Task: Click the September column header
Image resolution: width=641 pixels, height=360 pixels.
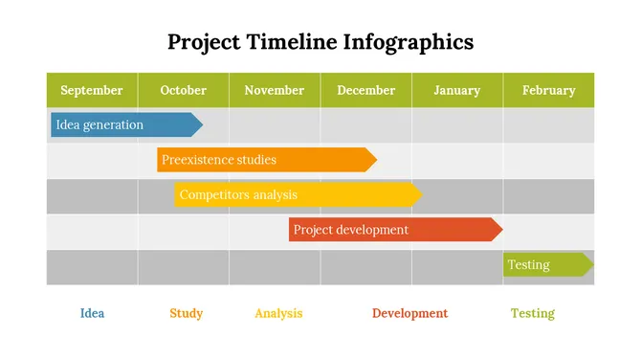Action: point(92,90)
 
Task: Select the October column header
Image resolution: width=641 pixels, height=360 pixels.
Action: point(183,90)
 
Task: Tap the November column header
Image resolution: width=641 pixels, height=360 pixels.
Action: point(274,90)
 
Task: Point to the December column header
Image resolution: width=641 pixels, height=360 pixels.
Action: point(365,90)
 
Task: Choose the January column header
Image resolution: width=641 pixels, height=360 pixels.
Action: point(456,90)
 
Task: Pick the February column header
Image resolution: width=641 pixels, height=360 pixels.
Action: point(548,90)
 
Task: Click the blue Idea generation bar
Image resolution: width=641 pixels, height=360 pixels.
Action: point(124,124)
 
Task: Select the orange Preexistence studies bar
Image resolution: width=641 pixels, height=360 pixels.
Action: point(263,160)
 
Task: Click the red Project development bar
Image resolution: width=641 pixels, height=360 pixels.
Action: point(392,230)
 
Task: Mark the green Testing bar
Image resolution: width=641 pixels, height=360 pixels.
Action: point(545,264)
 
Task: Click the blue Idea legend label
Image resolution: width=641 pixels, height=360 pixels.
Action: point(92,313)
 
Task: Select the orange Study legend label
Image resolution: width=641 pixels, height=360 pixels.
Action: point(186,313)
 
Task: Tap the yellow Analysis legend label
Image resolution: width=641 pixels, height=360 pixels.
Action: point(278,313)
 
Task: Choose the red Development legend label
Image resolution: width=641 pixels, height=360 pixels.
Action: point(409,313)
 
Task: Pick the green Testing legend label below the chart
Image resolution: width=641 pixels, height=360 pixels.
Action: point(532,313)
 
